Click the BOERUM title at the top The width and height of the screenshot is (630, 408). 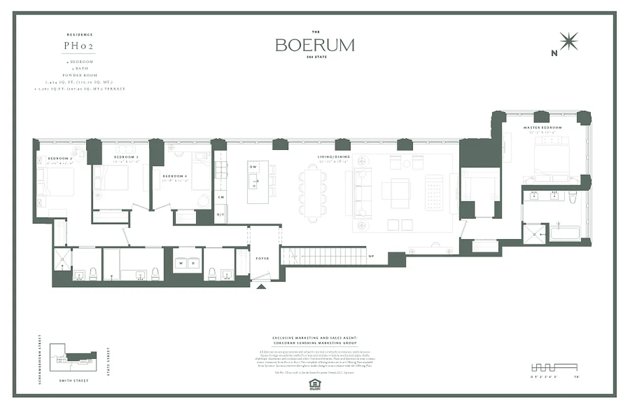click(315, 45)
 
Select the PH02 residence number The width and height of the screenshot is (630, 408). click(78, 45)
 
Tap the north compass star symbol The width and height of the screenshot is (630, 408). click(568, 41)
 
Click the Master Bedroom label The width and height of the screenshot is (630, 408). click(542, 127)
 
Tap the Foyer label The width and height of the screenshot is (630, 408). click(262, 259)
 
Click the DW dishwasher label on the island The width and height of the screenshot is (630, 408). click(253, 167)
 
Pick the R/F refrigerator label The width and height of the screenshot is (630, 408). click(221, 215)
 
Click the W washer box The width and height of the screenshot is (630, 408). click(181, 264)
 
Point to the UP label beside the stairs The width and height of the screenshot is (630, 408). click(371, 256)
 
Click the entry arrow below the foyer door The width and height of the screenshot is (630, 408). click(261, 287)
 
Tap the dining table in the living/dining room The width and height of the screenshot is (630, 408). click(312, 193)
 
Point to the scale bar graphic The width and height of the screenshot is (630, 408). click(554, 367)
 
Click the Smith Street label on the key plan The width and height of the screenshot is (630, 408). click(74, 380)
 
